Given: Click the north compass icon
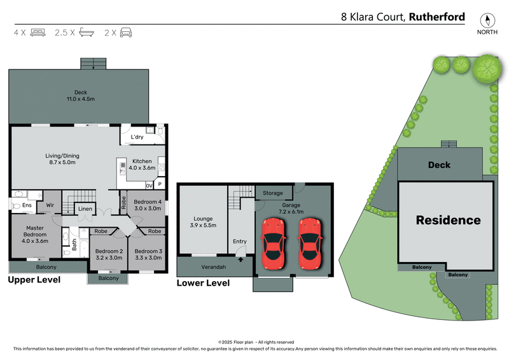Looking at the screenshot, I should click(x=489, y=20).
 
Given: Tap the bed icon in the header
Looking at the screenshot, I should click(x=38, y=32).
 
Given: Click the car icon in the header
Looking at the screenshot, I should click(x=126, y=32).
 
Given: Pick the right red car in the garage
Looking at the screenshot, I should click(x=310, y=243).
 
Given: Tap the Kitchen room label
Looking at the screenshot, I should click(x=143, y=164).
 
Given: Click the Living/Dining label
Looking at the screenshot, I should click(x=62, y=159).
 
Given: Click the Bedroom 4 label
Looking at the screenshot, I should click(x=148, y=205).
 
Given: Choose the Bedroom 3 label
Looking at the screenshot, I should click(x=148, y=254).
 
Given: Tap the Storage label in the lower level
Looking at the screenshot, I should click(x=273, y=193).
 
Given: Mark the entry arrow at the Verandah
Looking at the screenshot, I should click(x=240, y=258).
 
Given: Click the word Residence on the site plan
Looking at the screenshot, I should click(x=448, y=220).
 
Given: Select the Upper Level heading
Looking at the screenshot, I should click(x=34, y=279).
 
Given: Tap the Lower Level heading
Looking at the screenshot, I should click(x=203, y=283).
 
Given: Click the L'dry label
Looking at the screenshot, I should click(x=137, y=138).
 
